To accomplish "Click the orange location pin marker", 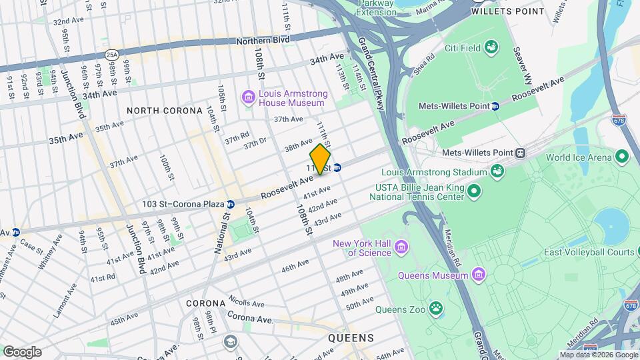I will (x=320, y=159).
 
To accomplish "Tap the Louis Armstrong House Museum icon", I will (x=249, y=99).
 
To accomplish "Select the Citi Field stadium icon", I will (x=491, y=47).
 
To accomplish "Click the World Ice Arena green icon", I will (x=623, y=157).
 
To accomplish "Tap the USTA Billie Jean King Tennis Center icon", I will (x=474, y=193).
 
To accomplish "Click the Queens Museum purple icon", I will (x=478, y=275).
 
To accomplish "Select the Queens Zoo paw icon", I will (x=435, y=308).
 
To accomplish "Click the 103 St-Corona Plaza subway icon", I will (x=230, y=204).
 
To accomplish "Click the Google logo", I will (x=22, y=351).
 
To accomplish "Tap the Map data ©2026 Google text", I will (x=598, y=355).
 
